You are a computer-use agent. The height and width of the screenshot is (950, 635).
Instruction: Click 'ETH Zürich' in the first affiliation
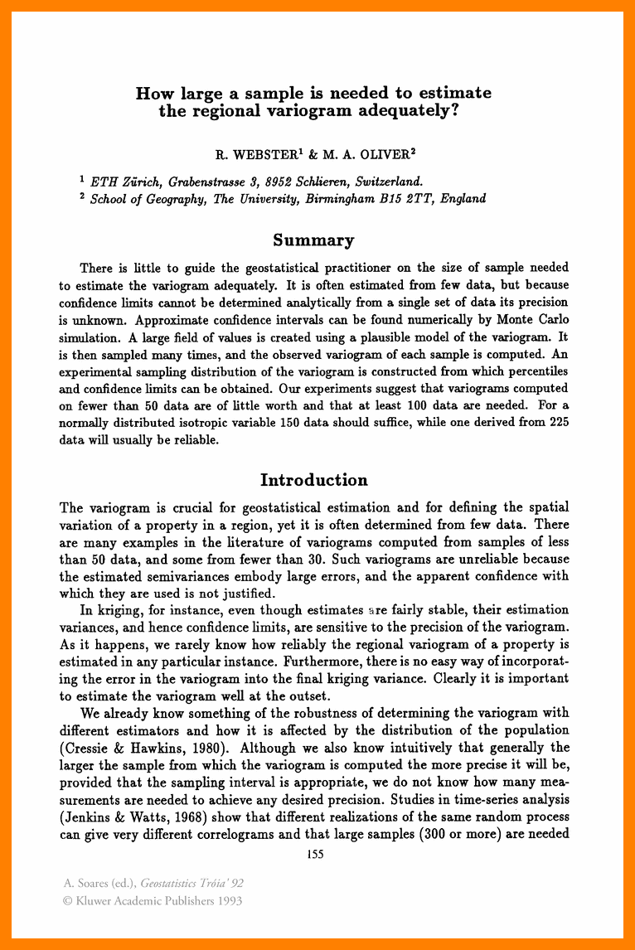tap(119, 181)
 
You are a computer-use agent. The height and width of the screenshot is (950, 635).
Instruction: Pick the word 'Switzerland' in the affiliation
tap(390, 181)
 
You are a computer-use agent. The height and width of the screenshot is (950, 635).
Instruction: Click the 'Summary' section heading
tap(313, 240)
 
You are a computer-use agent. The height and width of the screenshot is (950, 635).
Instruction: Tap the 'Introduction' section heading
tap(313, 480)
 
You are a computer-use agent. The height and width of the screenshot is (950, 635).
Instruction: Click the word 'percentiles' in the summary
tap(532, 372)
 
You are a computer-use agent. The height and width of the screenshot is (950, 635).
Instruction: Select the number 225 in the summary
tap(559, 423)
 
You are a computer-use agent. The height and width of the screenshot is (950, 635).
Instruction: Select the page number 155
tap(315, 854)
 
